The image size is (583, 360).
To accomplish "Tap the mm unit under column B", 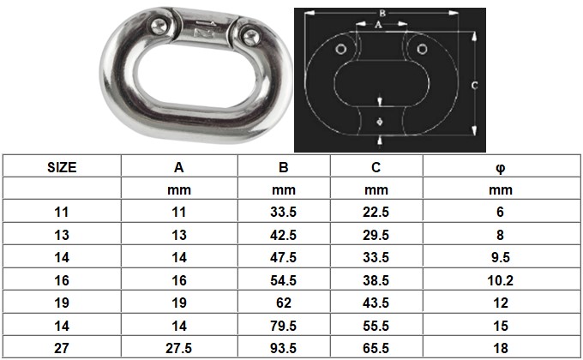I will [284, 189].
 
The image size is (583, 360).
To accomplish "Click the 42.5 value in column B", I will [284, 234].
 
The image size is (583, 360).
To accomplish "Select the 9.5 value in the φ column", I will [500, 256].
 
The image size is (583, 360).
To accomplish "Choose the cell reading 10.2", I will [500, 279].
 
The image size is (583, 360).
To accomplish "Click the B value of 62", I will [284, 303].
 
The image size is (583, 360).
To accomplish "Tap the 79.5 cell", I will [284, 326].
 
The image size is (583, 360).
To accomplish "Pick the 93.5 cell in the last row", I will [284, 348].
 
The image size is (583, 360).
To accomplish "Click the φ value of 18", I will [500, 348].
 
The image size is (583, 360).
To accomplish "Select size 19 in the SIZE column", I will [61, 303].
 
